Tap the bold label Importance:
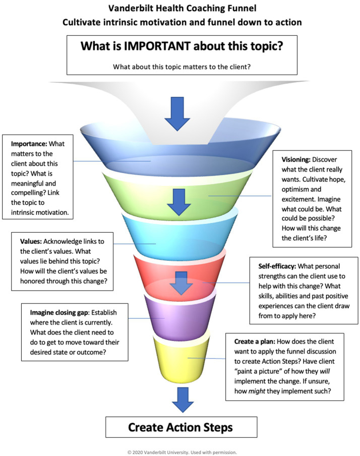pos(29,144)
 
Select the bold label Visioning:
pos(296,160)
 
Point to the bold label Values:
pos(31,242)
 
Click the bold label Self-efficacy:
pos(277,266)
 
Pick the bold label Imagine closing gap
pos(59,313)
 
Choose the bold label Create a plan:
pos(255,341)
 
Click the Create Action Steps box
pos(181,427)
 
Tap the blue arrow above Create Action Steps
pos(183,400)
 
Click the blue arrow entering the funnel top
pos(177,113)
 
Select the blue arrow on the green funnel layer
pos(179,202)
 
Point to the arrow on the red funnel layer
pos(182,283)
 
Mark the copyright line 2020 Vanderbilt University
pos(182,452)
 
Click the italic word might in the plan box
pos(257,391)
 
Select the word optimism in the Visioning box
pos(294,190)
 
